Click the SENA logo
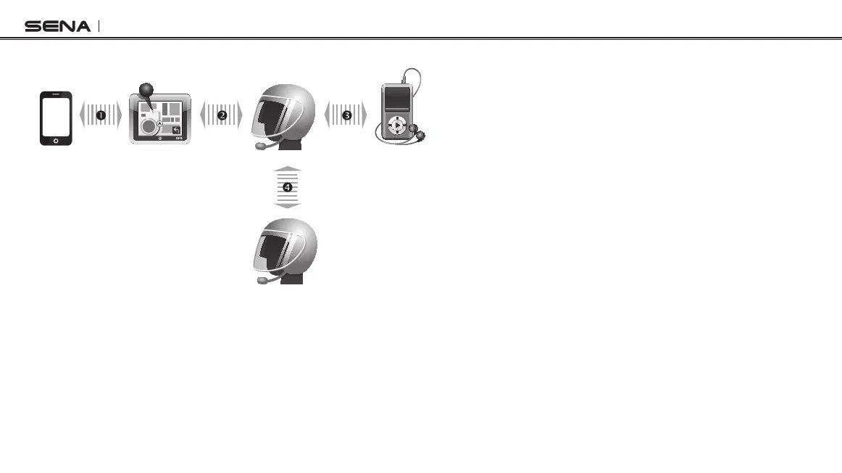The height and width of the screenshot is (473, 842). (58, 27)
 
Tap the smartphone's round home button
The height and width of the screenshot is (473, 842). (57, 138)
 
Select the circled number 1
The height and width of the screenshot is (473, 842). (101, 115)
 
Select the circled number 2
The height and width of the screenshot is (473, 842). (222, 115)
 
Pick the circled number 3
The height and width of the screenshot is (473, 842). (346, 115)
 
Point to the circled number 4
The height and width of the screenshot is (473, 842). (288, 187)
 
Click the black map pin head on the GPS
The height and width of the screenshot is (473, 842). (146, 91)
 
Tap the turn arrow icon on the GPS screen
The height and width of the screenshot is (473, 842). (175, 130)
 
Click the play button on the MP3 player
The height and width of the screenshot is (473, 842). (397, 125)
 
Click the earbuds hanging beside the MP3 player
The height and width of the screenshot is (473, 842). (417, 133)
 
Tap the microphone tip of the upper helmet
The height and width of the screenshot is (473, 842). (259, 146)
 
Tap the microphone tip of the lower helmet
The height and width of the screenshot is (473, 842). (259, 279)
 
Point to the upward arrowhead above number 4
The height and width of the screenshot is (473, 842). (288, 169)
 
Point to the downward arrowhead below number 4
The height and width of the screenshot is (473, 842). (288, 205)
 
